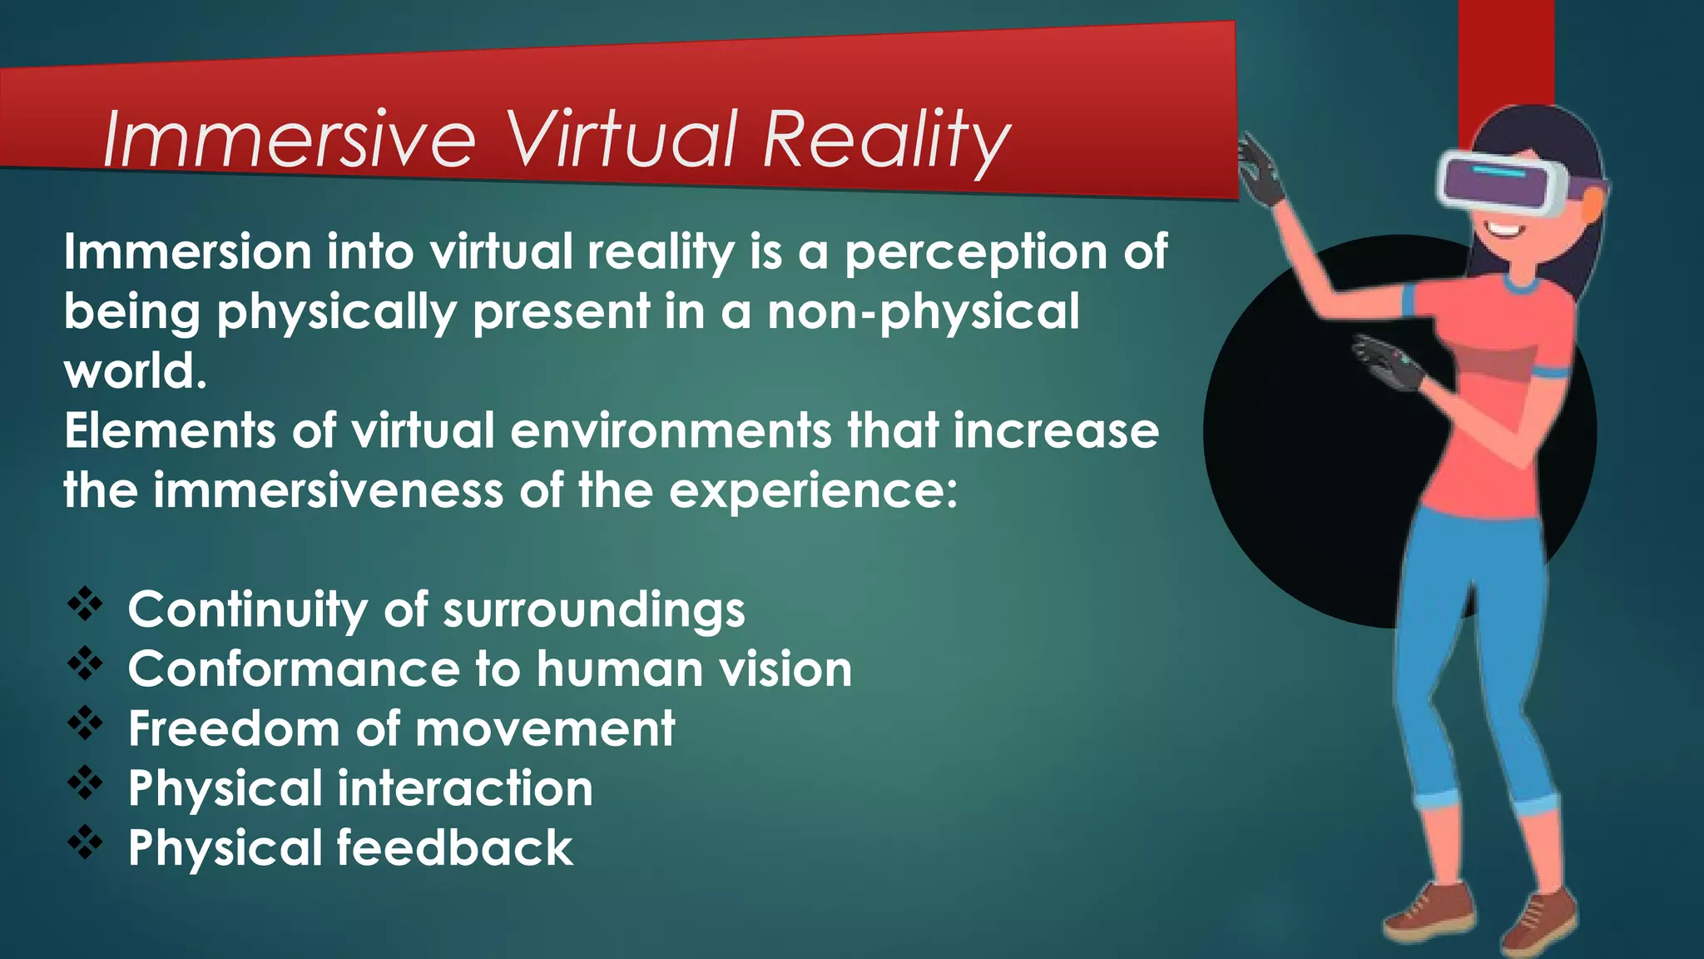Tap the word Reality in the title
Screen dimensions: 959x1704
click(885, 139)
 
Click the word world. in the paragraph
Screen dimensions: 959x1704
click(135, 371)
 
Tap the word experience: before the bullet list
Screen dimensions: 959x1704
click(813, 491)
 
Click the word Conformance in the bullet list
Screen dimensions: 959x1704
click(293, 669)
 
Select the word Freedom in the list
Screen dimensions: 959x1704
click(234, 728)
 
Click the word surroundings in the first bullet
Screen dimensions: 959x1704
click(593, 610)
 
